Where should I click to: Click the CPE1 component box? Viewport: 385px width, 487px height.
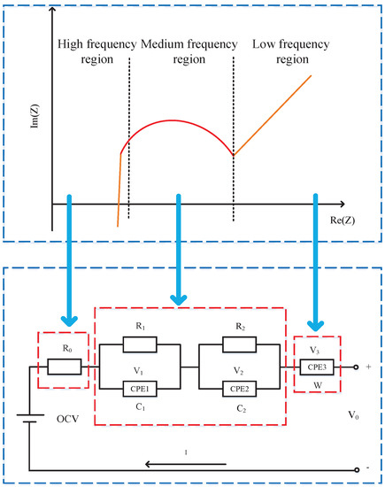[x=142, y=387]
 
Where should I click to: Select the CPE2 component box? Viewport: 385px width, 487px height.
[x=237, y=387]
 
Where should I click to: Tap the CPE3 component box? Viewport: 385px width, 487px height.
[x=312, y=366]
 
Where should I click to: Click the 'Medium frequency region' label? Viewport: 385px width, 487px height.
[x=181, y=50]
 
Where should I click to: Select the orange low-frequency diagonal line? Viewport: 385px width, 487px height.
[x=274, y=113]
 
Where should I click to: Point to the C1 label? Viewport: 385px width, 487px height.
[x=141, y=406]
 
